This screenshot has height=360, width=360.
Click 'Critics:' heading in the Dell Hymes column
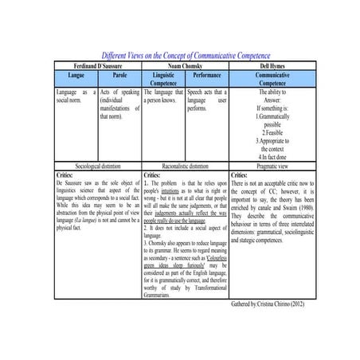(239, 174)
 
